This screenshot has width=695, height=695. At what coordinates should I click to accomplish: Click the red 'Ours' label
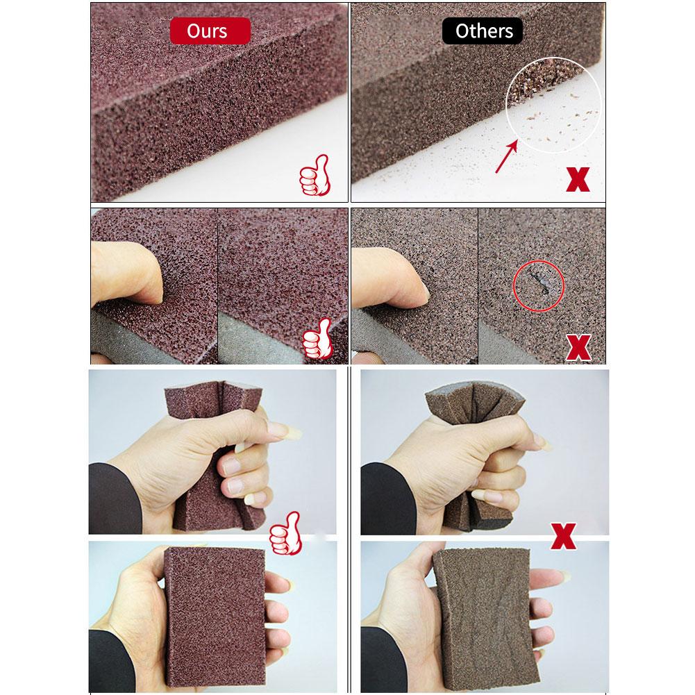210,31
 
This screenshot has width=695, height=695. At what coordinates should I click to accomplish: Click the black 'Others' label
483,31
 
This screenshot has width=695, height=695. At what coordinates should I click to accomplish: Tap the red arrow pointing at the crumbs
506,156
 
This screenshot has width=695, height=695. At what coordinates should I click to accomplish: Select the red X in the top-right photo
578,180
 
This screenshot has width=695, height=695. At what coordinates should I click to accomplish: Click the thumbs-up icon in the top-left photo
315,175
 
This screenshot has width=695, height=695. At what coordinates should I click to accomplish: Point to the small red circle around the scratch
539,286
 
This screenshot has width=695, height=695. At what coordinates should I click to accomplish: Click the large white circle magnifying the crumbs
553,105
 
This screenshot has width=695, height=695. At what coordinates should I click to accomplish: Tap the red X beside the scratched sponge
578,347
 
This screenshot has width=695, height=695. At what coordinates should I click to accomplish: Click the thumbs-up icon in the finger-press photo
317,338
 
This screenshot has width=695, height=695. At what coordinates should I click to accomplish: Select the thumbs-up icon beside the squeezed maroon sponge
286,533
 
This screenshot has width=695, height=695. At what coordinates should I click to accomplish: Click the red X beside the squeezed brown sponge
563,536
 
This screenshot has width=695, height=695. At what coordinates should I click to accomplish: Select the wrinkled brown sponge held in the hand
486,619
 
